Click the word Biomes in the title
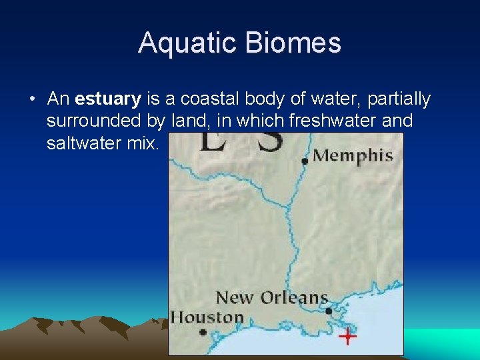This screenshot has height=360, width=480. [x=293, y=43]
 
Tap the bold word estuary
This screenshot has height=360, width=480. [x=108, y=99]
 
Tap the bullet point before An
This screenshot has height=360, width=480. [x=32, y=100]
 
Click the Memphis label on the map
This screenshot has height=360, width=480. [x=353, y=156]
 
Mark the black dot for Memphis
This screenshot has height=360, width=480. [x=305, y=161]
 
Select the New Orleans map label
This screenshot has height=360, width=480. [x=272, y=297]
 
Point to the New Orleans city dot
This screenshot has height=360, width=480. [x=328, y=311]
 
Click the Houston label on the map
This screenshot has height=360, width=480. [x=207, y=317]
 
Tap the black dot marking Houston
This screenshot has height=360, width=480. [x=203, y=332]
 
